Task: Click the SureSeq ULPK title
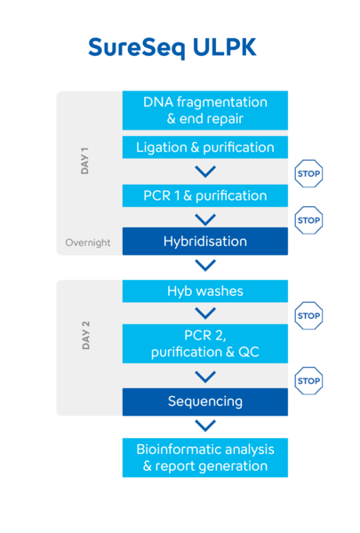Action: click(172, 48)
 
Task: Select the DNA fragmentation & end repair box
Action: click(205, 110)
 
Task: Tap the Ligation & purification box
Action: click(205, 147)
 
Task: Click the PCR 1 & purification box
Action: click(205, 195)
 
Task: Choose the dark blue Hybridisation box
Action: click(205, 242)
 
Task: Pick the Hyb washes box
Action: click(205, 291)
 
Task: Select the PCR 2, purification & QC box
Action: click(205, 344)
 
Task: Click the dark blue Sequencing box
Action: click(205, 402)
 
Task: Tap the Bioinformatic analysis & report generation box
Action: click(205, 457)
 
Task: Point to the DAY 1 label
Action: click(84, 161)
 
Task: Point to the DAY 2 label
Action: click(85, 335)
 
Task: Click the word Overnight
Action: click(88, 243)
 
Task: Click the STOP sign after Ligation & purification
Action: click(308, 173)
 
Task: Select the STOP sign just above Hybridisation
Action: click(308, 220)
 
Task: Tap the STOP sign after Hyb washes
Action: click(308, 315)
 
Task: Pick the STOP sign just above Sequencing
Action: click(308, 381)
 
